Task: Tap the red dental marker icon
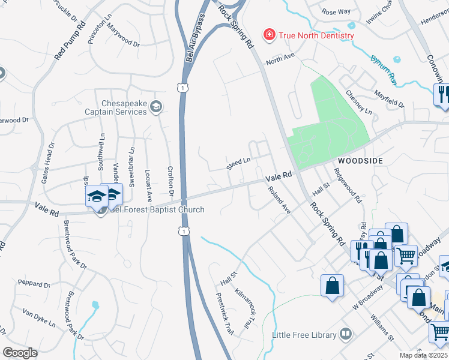pyautogui.click(x=270, y=35)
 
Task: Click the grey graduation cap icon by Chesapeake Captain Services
pyautogui.click(x=156, y=107)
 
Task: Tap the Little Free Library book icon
pyautogui.click(x=345, y=333)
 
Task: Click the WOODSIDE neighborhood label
pyautogui.click(x=360, y=161)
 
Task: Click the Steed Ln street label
pyautogui.click(x=238, y=163)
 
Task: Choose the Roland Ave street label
pyautogui.click(x=279, y=202)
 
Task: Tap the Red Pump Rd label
pyautogui.click(x=70, y=41)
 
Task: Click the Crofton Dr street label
pyautogui.click(x=170, y=182)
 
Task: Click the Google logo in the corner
pyautogui.click(x=20, y=353)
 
